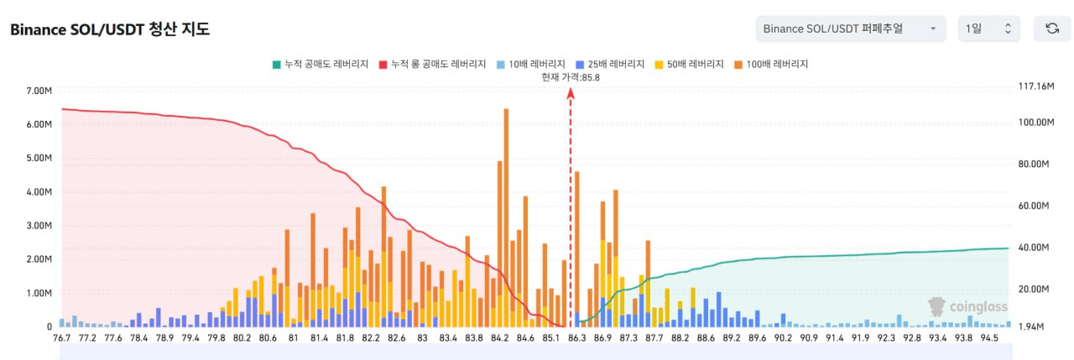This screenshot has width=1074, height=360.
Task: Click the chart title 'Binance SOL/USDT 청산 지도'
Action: (110, 29)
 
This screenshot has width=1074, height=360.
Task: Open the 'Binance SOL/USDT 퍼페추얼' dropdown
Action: (850, 29)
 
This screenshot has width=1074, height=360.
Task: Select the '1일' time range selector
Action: (988, 29)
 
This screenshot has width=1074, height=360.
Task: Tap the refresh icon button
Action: (1051, 29)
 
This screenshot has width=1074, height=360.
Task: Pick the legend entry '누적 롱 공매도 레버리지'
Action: (432, 64)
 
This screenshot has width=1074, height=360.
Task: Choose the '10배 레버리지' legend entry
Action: (532, 64)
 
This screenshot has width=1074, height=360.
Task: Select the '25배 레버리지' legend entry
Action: (610, 64)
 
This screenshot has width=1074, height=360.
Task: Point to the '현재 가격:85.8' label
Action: (571, 77)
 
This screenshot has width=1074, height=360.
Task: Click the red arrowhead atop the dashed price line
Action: (571, 93)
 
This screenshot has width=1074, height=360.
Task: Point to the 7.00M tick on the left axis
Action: (39, 91)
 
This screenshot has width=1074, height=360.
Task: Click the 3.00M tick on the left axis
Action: (39, 226)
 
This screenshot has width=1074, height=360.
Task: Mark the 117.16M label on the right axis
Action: (1035, 86)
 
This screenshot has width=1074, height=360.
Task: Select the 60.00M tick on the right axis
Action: (1035, 206)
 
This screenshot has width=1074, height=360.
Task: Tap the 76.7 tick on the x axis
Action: (61, 338)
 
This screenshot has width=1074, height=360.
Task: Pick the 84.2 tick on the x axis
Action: (500, 338)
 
